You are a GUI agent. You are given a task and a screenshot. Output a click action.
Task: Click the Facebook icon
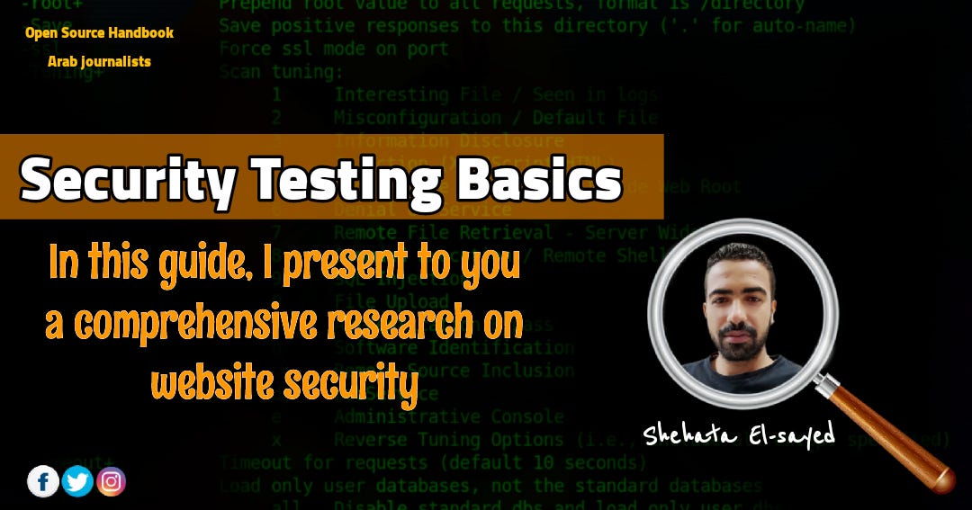(x=43, y=481)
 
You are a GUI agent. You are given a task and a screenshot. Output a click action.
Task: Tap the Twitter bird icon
(x=77, y=481)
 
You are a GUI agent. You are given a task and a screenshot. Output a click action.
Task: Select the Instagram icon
(x=111, y=481)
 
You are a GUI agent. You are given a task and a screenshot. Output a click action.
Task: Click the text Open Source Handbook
(x=99, y=33)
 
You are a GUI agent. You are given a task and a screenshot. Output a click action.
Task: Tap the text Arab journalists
(x=99, y=61)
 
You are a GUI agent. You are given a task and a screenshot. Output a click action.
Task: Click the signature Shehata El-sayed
(x=739, y=434)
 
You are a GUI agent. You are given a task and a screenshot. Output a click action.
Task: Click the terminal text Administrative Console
(x=448, y=416)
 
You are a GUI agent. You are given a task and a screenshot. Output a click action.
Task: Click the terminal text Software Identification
(x=454, y=347)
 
